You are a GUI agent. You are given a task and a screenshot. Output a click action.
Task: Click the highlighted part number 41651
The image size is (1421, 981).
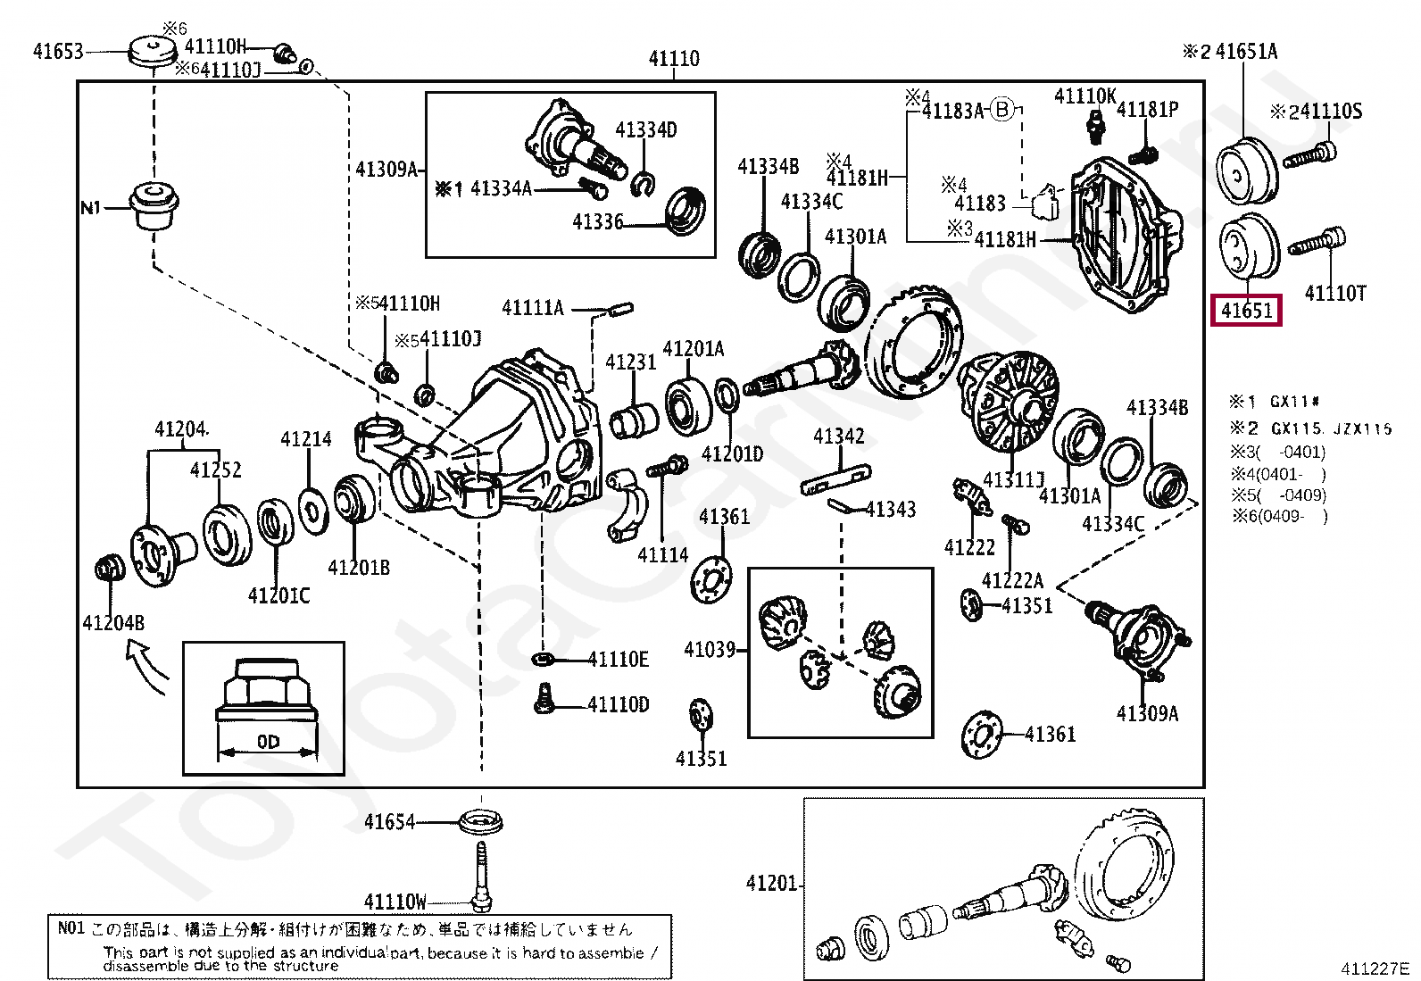1246,311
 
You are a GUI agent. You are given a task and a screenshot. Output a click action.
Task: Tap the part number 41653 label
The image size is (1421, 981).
58,51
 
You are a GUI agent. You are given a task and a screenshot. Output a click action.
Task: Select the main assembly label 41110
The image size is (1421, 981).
674,59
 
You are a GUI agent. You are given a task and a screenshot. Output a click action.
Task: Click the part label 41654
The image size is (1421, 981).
389,822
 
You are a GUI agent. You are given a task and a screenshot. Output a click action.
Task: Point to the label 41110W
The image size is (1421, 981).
395,902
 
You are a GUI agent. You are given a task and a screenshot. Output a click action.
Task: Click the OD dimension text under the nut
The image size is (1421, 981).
268,742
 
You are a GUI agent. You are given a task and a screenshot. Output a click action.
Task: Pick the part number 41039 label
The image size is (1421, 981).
710,650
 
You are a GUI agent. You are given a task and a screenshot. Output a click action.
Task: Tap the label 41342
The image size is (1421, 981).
839,436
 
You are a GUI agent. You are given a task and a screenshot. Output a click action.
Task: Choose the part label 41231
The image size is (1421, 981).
631,362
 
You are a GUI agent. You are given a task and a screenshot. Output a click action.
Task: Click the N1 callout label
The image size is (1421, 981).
91,208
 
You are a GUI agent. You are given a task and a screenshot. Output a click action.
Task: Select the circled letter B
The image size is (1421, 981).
1003,110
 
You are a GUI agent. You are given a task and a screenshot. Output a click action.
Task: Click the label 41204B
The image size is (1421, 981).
113,623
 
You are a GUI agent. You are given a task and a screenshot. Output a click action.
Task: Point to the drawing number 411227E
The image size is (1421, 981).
1374,969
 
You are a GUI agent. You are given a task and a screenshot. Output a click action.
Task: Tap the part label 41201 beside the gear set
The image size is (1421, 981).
771,884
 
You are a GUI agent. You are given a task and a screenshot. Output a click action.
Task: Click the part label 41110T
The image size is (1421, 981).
1335,293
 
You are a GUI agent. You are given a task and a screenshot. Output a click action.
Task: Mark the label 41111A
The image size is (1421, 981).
533,309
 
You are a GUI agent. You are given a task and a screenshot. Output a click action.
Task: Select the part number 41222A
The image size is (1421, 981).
1012,581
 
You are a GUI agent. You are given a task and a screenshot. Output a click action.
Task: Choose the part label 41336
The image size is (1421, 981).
597,222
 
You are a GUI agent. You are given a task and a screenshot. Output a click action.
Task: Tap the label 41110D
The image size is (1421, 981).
619,705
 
